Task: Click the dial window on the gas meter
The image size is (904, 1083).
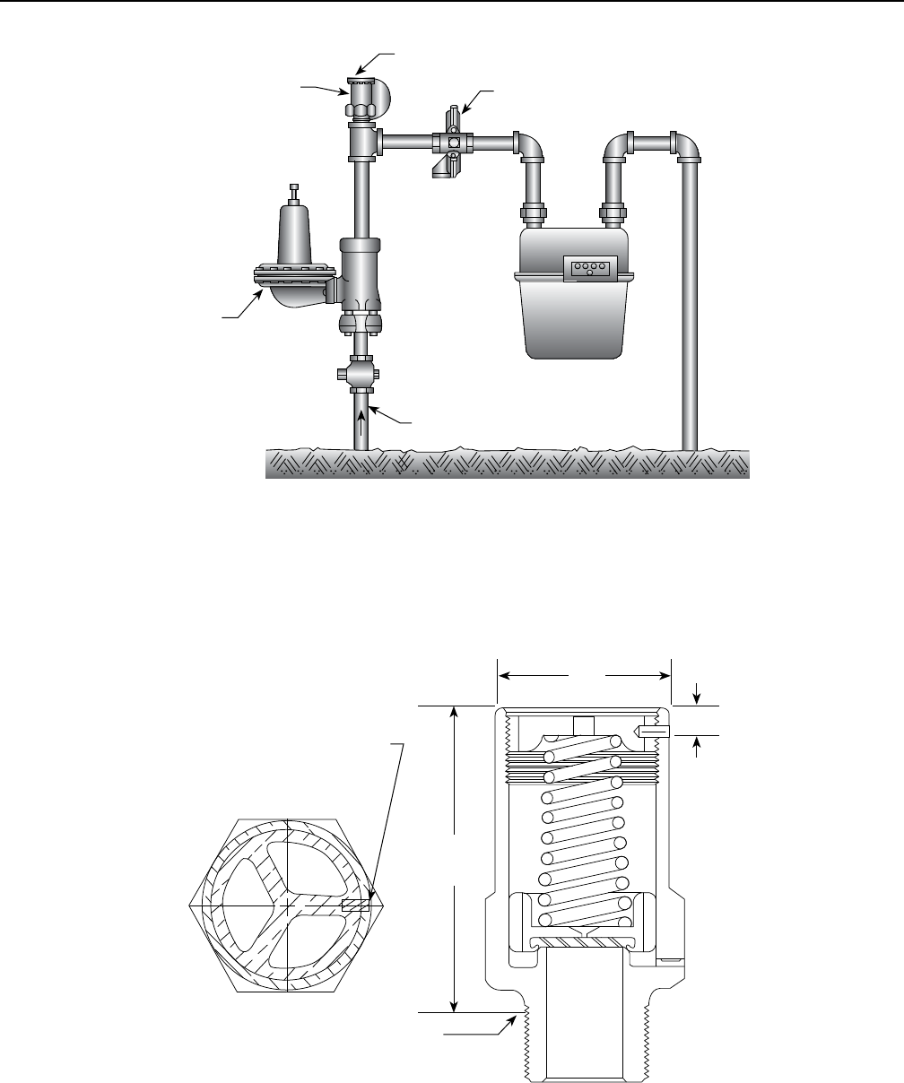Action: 588,267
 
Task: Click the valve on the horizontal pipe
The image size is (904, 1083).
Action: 454,142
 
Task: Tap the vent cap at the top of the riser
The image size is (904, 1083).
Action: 362,80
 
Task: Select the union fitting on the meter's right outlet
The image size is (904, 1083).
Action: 613,214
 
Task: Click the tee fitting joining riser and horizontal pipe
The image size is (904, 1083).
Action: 362,141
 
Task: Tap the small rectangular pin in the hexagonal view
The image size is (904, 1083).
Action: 356,905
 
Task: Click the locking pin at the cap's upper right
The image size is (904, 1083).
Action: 652,732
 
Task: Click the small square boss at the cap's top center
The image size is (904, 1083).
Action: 584,724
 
